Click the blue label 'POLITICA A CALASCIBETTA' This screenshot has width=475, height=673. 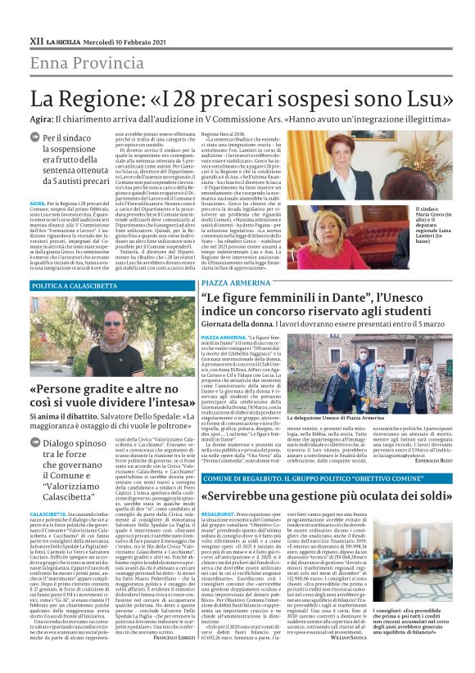pyautogui.click(x=85, y=262)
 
